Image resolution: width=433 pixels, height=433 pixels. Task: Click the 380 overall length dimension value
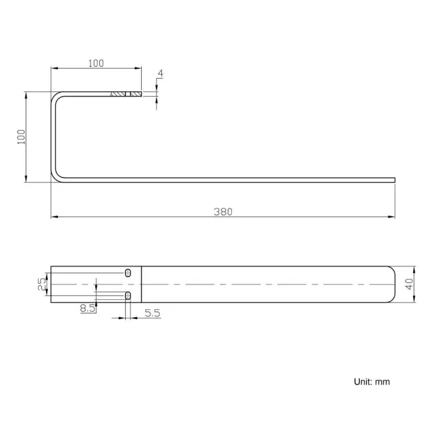222,212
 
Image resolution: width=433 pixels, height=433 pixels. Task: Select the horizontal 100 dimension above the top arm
96,63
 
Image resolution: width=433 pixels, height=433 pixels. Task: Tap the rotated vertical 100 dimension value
21,137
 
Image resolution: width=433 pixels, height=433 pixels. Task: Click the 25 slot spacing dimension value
41,284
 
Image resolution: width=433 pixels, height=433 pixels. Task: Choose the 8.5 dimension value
87,308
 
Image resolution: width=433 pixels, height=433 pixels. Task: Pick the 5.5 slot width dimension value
152,312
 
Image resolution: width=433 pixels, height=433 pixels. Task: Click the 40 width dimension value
409,284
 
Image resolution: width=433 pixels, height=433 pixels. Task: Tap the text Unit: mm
371,382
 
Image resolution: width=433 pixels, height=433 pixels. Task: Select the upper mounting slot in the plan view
128,272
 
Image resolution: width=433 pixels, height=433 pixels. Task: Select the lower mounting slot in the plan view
128,295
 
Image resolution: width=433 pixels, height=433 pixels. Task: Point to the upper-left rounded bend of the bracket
55,97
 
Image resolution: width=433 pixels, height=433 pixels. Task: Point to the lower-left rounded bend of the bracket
55,175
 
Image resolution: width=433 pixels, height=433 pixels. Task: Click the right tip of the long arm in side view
394,179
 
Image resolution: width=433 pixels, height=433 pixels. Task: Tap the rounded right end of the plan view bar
393,284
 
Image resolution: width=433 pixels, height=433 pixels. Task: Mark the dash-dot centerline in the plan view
266,284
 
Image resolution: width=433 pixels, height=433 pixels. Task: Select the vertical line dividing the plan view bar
142,284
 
